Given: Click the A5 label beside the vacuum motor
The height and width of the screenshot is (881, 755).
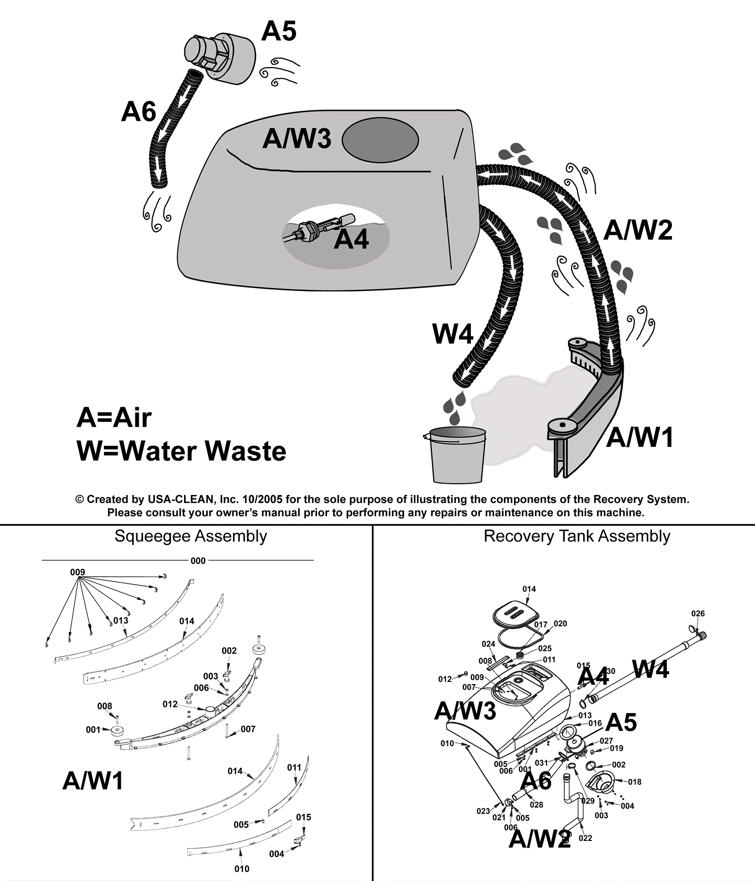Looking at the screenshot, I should (x=279, y=32).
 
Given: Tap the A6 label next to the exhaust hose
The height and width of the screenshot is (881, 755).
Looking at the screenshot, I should (x=138, y=112).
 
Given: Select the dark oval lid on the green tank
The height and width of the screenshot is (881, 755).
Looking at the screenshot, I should (x=380, y=140).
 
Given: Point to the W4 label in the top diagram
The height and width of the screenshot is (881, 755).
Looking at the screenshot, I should (x=453, y=334).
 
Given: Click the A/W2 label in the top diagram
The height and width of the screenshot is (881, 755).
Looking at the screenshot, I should (x=638, y=230).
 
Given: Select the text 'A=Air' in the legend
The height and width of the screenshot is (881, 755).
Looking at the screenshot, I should (x=114, y=418).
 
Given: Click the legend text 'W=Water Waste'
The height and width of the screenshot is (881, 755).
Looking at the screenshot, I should (x=181, y=451).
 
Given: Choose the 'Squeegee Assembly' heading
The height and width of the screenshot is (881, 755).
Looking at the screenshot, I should (x=191, y=536).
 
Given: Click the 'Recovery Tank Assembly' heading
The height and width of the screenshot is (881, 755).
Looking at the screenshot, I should (x=577, y=536).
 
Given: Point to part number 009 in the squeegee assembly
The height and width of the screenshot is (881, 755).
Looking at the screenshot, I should (x=77, y=572).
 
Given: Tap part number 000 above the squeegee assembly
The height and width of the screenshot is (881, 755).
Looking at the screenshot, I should (x=198, y=561).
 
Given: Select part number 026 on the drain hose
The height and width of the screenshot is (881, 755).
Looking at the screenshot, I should (x=698, y=613).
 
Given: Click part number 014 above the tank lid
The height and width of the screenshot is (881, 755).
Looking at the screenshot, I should (x=529, y=589).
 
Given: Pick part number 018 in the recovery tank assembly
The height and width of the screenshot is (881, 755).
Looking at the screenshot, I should (x=635, y=782).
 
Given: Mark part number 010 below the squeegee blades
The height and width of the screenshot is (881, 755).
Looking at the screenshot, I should (x=242, y=869).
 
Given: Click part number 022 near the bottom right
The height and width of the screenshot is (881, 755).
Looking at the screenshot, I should (x=585, y=838).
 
